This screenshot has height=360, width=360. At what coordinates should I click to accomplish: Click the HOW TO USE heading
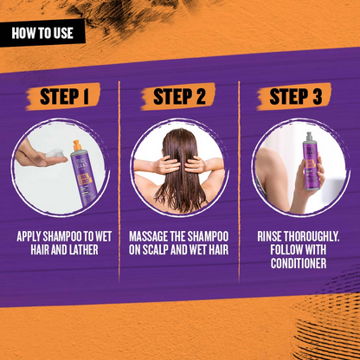[42, 33]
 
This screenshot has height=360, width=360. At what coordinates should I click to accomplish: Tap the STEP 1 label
[64, 96]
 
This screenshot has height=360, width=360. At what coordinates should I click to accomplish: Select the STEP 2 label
[179, 96]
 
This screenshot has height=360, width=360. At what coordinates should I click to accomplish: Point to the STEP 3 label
[295, 96]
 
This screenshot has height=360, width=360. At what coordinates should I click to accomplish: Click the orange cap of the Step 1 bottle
[77, 145]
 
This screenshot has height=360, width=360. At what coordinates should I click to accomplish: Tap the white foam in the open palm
[55, 153]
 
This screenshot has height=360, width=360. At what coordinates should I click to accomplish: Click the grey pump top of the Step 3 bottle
[310, 137]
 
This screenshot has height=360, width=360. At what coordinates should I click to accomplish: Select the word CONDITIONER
[299, 263]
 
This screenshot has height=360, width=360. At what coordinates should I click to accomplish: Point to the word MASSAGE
[148, 236]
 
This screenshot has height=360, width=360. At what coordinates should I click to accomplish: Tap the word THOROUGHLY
[312, 236]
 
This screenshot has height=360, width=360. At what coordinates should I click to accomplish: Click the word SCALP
[155, 249]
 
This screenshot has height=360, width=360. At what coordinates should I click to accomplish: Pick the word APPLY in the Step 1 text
[29, 236]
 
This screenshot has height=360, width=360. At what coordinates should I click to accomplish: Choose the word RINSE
[269, 236]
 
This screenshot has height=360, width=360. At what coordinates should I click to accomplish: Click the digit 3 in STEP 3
[317, 96]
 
